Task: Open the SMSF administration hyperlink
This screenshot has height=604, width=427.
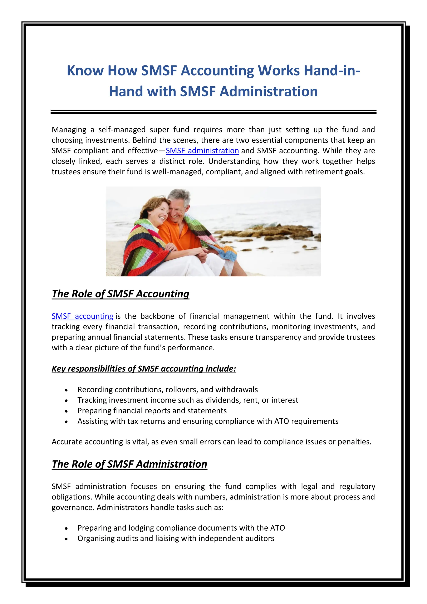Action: tap(202, 151)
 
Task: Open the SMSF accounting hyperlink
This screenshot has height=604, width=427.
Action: tap(82, 316)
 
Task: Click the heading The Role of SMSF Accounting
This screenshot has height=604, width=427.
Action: tap(121, 294)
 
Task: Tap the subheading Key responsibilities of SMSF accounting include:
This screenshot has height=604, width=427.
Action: tap(144, 369)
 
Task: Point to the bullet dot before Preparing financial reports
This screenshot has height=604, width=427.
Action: tap(67, 411)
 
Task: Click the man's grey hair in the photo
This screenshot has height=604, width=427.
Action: tap(179, 196)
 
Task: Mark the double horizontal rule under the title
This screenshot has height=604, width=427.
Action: tap(213, 112)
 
